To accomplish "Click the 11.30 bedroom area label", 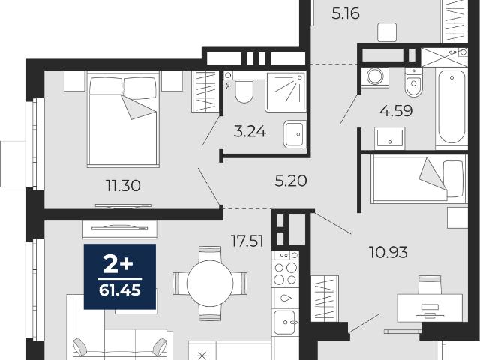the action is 123,186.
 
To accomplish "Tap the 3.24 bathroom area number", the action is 250,132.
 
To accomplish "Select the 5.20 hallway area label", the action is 290,181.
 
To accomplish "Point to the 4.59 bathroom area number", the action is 396,110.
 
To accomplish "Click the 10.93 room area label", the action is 388,252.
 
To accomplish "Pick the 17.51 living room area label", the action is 247,241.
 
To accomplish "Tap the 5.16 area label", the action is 346,13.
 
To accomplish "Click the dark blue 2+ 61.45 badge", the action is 120,277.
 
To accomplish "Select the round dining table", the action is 210,283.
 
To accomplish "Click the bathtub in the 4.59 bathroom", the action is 451,108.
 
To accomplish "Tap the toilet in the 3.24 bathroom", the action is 244,88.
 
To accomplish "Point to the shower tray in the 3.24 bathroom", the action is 286,91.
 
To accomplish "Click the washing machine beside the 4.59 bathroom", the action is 375,77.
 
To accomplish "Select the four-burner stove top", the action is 286,268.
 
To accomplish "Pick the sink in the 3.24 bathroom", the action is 295,134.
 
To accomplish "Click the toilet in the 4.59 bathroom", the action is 413,82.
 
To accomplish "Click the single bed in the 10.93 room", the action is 418,178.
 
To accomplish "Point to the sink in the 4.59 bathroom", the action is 390,138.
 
